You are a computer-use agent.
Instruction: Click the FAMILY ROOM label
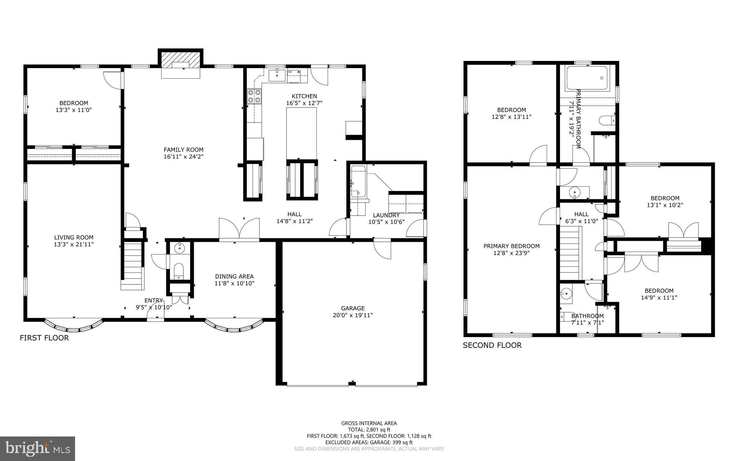pyautogui.click(x=183, y=150)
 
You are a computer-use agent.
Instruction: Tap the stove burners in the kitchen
pyautogui.click(x=254, y=96)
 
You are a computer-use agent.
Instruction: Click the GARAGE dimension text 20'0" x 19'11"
pyautogui.click(x=353, y=315)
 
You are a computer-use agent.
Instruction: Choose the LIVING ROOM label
pyautogui.click(x=74, y=237)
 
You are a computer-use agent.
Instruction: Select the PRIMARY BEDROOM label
pyautogui.click(x=511, y=246)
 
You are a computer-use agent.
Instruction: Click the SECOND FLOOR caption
pyautogui.click(x=492, y=345)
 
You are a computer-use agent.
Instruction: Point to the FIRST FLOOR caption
pyautogui.click(x=44, y=338)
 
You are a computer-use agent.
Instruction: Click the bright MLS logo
pyautogui.click(x=38, y=448)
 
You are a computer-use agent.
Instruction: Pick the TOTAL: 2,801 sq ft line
pyautogui.click(x=369, y=430)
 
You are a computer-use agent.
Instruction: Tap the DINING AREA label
pyautogui.click(x=234, y=276)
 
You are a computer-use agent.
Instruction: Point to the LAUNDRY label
pyautogui.click(x=386, y=215)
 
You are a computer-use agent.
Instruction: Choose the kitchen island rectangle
pyautogui.click(x=301, y=133)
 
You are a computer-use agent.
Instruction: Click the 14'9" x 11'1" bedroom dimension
pyautogui.click(x=659, y=298)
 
